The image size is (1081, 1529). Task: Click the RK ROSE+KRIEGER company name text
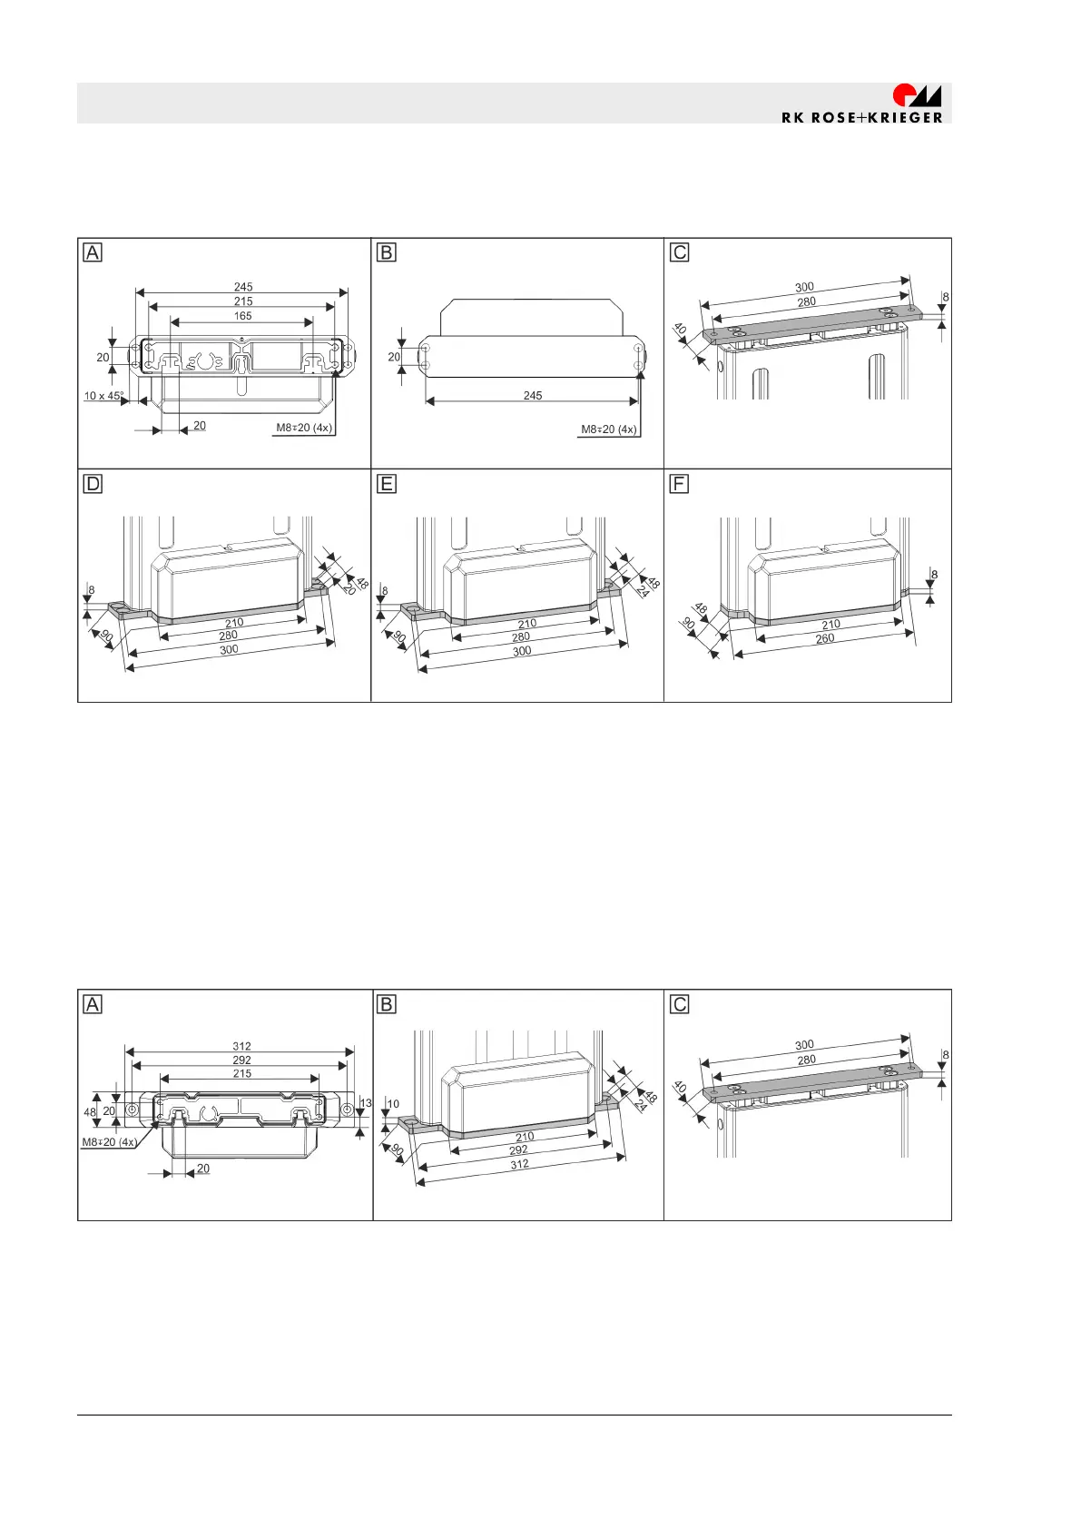point(861,117)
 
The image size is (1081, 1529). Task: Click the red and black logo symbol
point(917,95)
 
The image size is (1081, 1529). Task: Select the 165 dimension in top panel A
point(242,316)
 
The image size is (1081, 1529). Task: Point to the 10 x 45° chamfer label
point(103,396)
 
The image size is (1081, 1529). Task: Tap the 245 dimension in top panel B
point(533,395)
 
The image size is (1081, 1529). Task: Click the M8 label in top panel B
point(608,429)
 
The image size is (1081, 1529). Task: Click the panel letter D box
point(93,484)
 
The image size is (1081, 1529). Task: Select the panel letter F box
point(678,484)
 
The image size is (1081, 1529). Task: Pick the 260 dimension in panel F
point(825,638)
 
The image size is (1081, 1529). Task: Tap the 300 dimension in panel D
point(229,650)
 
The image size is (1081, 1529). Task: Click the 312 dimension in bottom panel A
point(241,1046)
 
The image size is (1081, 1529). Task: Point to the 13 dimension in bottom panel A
point(366,1103)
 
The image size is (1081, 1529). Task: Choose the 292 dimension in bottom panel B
point(518,1150)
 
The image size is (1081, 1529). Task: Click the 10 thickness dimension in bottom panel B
point(393,1104)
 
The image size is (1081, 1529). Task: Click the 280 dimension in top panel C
point(806,302)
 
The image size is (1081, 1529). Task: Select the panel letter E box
point(387,484)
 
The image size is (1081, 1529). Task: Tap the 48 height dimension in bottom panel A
point(90,1112)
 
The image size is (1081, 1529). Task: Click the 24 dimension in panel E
point(644,592)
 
